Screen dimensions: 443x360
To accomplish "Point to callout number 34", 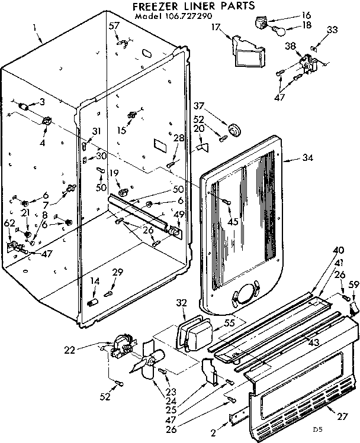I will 307,158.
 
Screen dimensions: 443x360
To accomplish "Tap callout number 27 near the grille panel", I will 343,418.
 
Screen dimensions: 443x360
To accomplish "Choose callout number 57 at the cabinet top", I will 114,27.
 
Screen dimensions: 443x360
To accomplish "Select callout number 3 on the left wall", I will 41,102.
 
